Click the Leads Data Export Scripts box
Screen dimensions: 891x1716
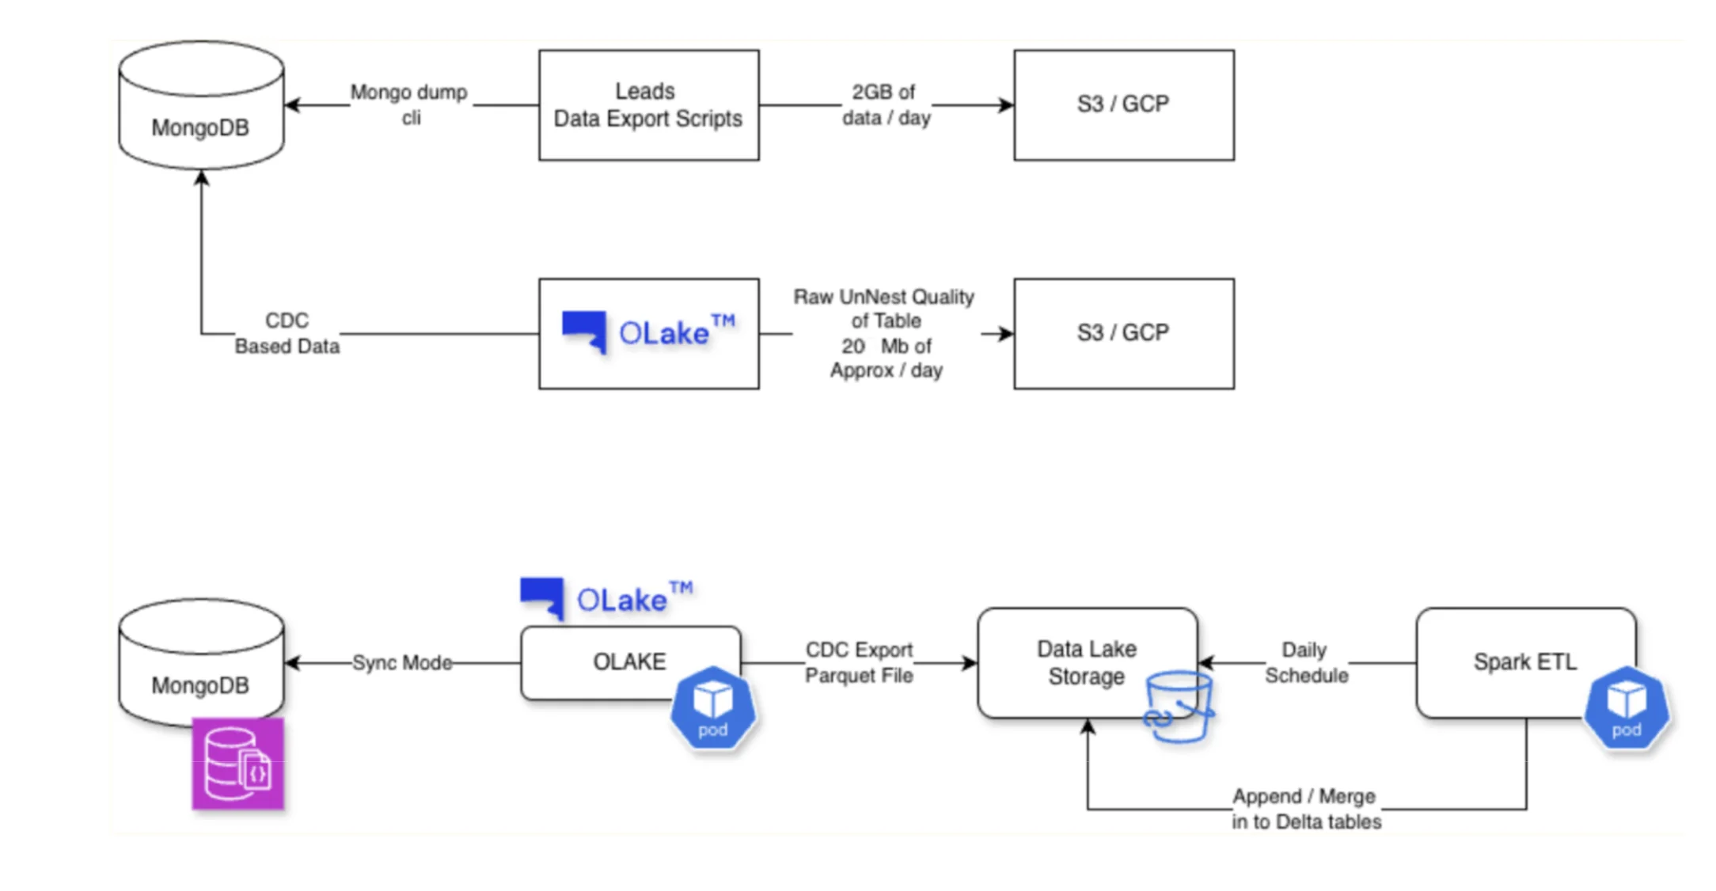[x=648, y=105]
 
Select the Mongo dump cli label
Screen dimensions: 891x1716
[x=409, y=104]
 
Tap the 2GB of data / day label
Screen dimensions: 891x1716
[x=885, y=104]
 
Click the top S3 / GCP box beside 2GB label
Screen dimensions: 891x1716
[x=1123, y=105]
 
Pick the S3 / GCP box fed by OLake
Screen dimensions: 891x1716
[x=1123, y=333]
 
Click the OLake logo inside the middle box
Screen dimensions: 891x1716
[x=648, y=333]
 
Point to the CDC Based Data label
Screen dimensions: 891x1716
[x=287, y=333]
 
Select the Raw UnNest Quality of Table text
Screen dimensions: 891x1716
[x=884, y=309]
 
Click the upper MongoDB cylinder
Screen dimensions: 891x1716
[x=201, y=107]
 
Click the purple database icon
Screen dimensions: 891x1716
[x=237, y=764]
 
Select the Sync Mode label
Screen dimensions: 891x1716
[x=401, y=662]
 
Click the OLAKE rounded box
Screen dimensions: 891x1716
[x=617, y=662]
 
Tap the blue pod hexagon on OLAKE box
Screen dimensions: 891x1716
[x=712, y=709]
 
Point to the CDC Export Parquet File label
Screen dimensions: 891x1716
[x=859, y=662]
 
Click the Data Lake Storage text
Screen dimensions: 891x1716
[x=1086, y=662]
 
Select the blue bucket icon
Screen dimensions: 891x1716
[x=1179, y=707]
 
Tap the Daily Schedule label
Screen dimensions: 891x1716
[x=1306, y=662]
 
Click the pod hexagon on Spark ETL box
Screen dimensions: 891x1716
[x=1626, y=709]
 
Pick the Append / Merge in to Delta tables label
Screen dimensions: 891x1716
[x=1306, y=809]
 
